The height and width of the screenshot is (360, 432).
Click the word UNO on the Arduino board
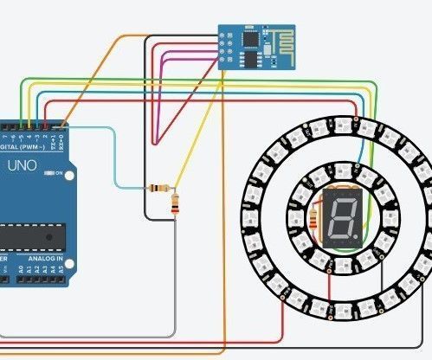(23, 165)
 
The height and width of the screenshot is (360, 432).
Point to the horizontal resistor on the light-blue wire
(159, 188)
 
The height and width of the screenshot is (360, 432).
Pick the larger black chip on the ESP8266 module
(251, 40)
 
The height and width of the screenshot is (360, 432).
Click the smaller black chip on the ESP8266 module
(252, 59)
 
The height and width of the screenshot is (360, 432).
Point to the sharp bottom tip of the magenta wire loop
(154, 143)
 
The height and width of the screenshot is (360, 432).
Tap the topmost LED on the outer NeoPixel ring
(340, 119)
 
